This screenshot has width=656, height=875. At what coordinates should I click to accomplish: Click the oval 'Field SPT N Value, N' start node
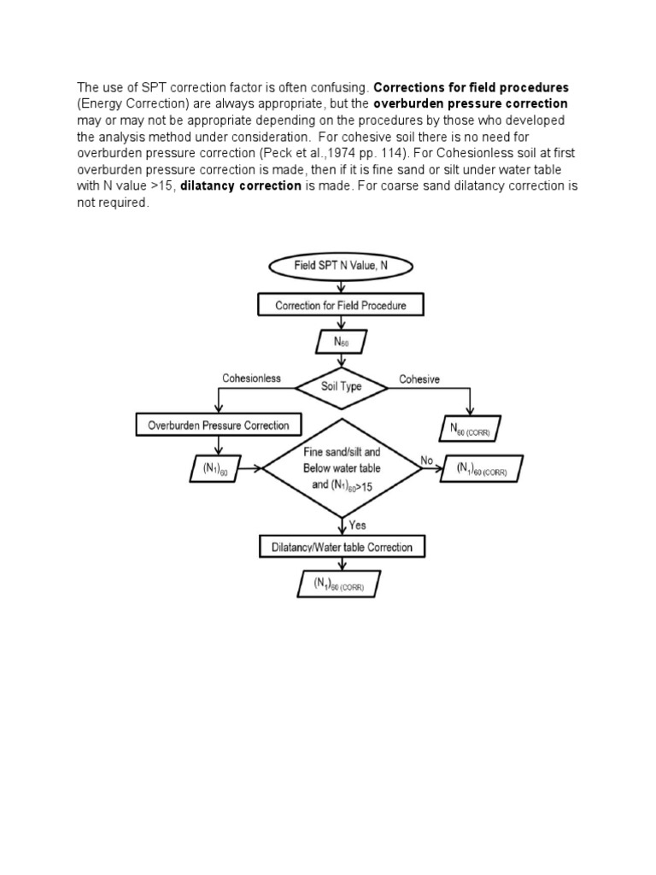(340, 266)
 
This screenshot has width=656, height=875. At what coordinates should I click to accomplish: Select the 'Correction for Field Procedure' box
(340, 305)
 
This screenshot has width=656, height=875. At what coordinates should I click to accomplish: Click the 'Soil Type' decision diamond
(340, 385)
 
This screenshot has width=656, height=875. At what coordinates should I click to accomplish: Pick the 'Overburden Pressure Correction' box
(219, 425)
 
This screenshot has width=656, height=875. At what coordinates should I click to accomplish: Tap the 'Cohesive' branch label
(419, 379)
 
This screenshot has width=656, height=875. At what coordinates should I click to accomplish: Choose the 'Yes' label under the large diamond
(357, 526)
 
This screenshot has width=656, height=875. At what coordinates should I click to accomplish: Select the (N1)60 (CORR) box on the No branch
(482, 469)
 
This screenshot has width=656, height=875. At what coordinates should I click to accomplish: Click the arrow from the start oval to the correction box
(340, 285)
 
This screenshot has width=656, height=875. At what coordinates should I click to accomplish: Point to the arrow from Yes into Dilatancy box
(340, 526)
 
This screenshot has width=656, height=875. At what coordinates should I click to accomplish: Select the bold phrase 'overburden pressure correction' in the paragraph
(471, 104)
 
